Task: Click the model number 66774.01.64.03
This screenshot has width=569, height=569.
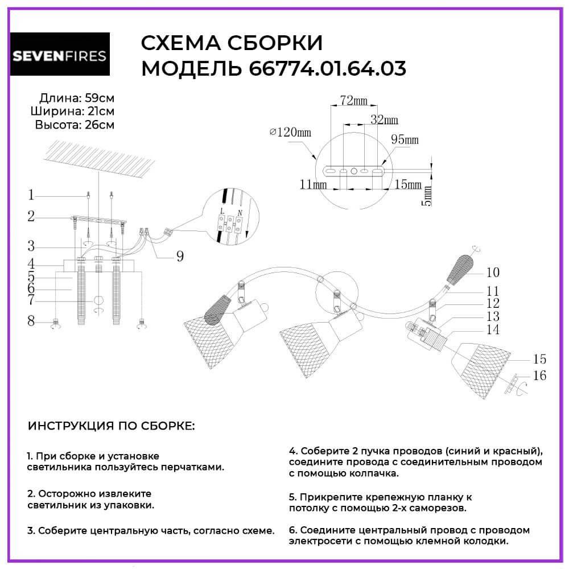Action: pyautogui.click(x=327, y=69)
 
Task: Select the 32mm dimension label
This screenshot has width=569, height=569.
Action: pyautogui.click(x=384, y=120)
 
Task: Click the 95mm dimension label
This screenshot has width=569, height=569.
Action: pyautogui.click(x=405, y=139)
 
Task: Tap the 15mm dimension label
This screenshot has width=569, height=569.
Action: pyautogui.click(x=407, y=185)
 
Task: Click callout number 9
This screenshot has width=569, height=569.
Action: pyautogui.click(x=180, y=256)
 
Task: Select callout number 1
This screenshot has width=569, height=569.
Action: pyautogui.click(x=31, y=195)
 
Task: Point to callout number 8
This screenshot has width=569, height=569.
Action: pyautogui.click(x=31, y=321)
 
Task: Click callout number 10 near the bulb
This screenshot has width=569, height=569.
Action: pyautogui.click(x=492, y=271)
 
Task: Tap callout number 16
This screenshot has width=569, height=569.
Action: pyautogui.click(x=539, y=376)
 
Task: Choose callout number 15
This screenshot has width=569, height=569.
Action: pyautogui.click(x=539, y=359)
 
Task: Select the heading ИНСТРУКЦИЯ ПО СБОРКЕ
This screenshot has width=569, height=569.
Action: pyautogui.click(x=111, y=426)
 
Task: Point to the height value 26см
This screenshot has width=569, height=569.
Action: pyautogui.click(x=99, y=125)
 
